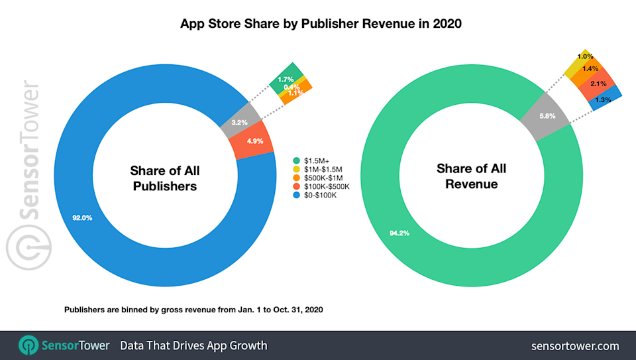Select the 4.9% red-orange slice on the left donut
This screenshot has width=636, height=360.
coord(254,141)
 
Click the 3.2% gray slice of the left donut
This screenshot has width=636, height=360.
coord(240,122)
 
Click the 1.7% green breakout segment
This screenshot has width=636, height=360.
coord(286,79)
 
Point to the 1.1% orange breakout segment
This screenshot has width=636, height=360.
coord(295,93)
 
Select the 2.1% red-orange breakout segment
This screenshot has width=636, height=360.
coord(597,84)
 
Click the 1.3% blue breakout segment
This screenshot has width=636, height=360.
coord(604,99)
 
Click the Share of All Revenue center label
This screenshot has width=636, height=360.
coord(471,176)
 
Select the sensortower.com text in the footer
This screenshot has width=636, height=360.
coord(574,345)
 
